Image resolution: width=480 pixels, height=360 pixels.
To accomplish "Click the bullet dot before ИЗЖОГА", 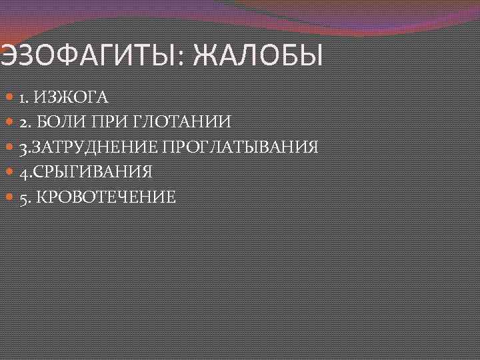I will pos(9,97).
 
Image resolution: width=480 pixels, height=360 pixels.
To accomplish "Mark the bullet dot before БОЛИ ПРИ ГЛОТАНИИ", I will pos(9,122).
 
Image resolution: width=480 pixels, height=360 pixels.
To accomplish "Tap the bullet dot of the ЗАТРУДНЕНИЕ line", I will pos(9,147).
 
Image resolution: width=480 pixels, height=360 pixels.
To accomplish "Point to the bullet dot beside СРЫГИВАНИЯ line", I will pos(9,172).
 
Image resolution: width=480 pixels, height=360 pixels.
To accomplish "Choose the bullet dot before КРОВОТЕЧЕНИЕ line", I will pos(9,197).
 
